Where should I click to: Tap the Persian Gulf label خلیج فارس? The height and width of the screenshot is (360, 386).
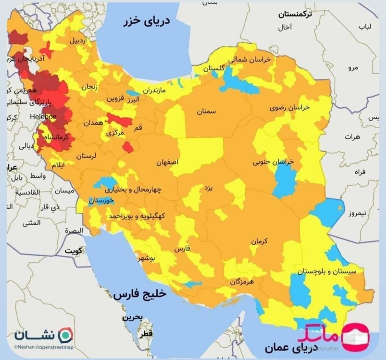(139, 294)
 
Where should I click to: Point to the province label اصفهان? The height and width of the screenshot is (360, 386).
(167, 163)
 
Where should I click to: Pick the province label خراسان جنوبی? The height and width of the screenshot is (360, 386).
(273, 162)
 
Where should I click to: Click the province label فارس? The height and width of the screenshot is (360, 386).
(183, 250)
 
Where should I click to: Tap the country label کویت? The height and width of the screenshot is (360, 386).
(74, 251)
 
